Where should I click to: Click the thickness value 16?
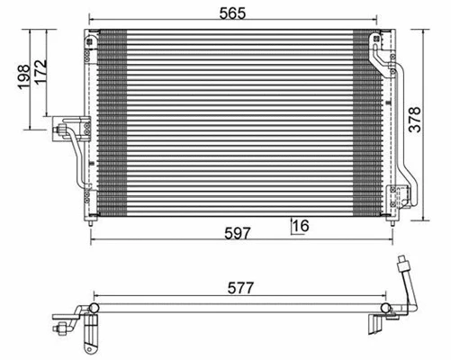tap(300, 225)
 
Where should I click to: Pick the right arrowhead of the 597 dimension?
tap(400, 241)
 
